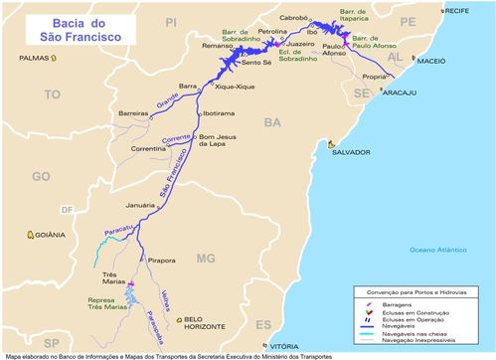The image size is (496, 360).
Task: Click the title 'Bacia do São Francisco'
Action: click(x=67, y=28)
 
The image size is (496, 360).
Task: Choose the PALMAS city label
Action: click(x=33, y=58)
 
